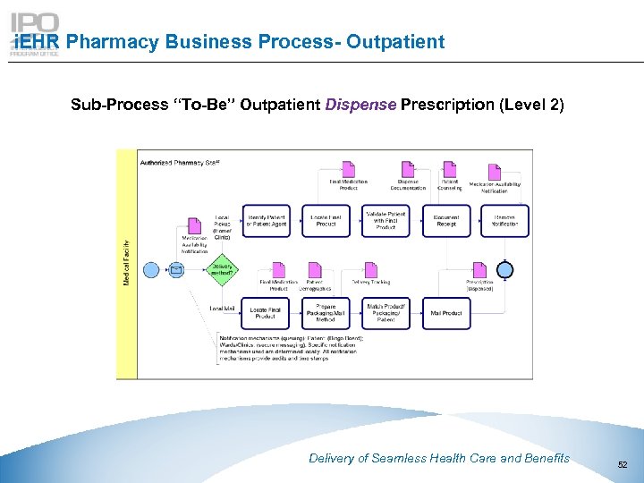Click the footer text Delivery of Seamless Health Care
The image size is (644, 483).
(x=438, y=458)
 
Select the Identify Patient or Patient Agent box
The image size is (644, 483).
(x=266, y=221)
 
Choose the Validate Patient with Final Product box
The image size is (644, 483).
(x=385, y=220)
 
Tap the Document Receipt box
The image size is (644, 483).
(x=445, y=221)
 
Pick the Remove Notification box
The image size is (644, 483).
(x=504, y=221)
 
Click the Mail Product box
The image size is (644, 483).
(x=445, y=313)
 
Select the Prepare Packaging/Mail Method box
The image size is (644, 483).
(x=325, y=313)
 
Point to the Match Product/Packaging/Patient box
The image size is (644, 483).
(x=385, y=313)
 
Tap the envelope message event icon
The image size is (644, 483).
(x=176, y=268)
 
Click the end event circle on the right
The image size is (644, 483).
(x=506, y=269)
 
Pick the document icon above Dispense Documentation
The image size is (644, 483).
(x=408, y=168)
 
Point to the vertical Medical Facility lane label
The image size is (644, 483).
(x=126, y=263)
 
